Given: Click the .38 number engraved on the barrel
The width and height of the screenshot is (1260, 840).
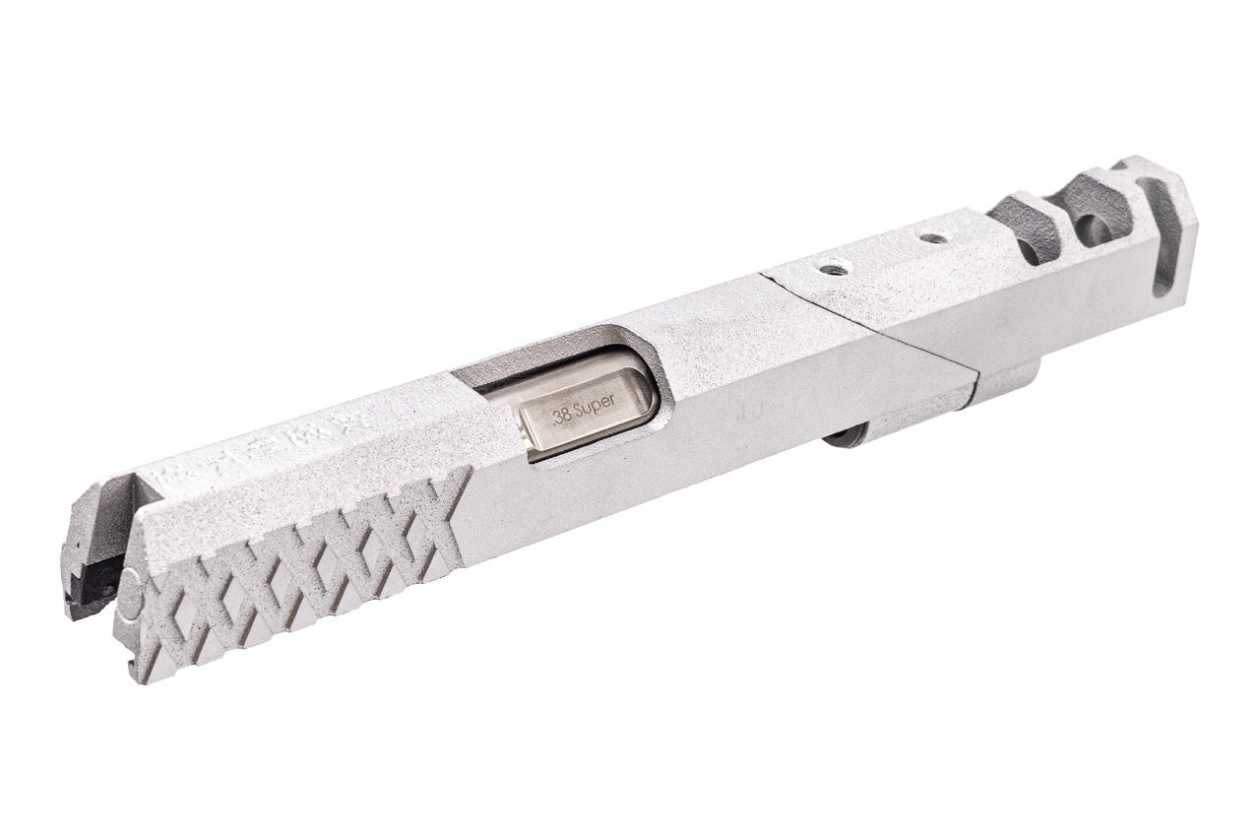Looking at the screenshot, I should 563,415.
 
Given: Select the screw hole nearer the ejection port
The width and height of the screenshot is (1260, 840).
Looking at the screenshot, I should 833,268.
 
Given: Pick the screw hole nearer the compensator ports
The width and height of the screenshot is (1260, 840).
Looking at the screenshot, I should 931,238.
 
